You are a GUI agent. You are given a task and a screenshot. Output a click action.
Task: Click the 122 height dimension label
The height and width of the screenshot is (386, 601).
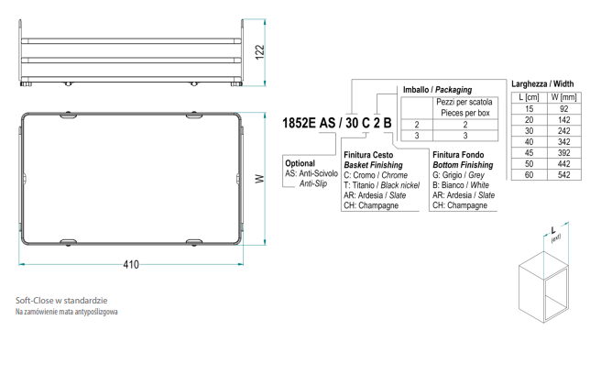[x=260, y=52]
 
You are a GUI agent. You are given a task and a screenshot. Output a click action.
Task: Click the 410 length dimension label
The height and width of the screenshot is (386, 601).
[x=131, y=265]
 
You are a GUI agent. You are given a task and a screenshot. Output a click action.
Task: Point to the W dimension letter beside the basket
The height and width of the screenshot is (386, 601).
[x=260, y=179]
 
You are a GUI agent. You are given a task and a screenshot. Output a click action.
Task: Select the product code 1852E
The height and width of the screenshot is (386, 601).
[x=299, y=123]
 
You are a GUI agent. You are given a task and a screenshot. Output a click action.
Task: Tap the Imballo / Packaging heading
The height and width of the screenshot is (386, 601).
[x=437, y=90]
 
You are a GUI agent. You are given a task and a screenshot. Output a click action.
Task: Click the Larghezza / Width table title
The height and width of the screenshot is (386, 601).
[x=542, y=83]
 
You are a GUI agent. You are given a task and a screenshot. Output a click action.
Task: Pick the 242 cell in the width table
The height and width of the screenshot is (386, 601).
[x=563, y=131]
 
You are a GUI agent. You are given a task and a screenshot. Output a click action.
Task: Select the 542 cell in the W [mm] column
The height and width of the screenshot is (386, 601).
[x=563, y=175]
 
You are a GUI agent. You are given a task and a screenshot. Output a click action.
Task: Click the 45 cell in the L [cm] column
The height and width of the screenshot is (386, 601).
[x=529, y=153]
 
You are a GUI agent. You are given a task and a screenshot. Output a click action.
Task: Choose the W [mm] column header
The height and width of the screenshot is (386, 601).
[x=563, y=97]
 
